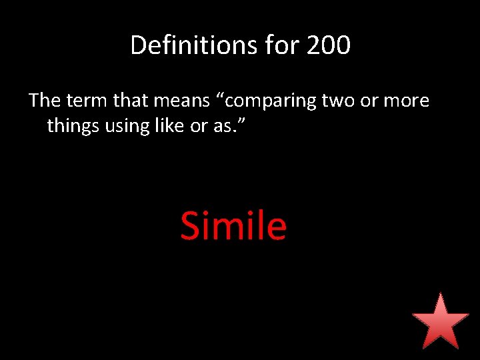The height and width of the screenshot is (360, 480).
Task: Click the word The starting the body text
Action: (x=45, y=101)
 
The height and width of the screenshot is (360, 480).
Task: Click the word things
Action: (x=73, y=126)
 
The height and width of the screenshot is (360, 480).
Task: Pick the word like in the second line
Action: (x=169, y=125)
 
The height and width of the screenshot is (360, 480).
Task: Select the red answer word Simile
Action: (x=233, y=225)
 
